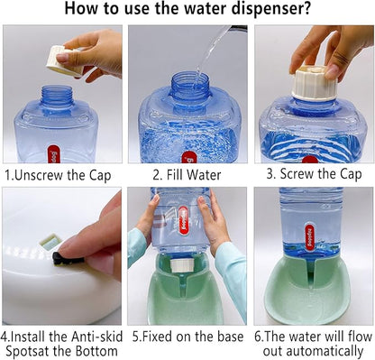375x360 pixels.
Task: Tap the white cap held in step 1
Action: click(64, 60)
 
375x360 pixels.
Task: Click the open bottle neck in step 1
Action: click(57, 97)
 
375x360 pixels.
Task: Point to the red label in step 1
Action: click(54, 154)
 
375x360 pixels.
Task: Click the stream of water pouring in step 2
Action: click(210, 52)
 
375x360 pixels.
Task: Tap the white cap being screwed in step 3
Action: click(314, 83)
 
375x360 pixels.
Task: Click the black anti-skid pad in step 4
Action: click(67, 259)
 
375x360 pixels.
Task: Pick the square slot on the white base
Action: click(50, 242)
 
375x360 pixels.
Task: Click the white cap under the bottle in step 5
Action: click(181, 265)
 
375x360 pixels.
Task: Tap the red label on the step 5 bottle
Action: click(183, 220)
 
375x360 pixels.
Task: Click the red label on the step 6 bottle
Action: click(309, 236)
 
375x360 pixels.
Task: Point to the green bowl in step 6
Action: click(307, 289)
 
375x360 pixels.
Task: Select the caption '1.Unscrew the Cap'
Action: click(58, 175)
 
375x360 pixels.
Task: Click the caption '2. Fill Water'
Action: click(187, 175)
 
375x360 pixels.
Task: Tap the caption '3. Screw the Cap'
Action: click(314, 174)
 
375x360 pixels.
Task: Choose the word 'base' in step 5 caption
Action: click(231, 337)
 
